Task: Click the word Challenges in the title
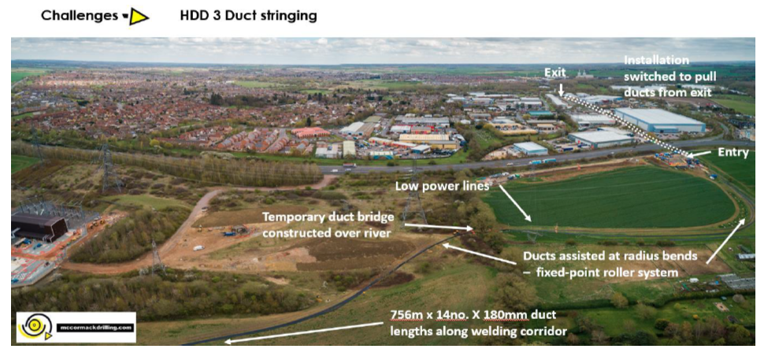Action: pyautogui.click(x=79, y=16)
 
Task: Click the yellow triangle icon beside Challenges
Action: pyautogui.click(x=139, y=16)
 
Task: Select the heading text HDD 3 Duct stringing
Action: pyautogui.click(x=248, y=16)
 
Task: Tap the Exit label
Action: pyautogui.click(x=555, y=72)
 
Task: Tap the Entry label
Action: pyautogui.click(x=733, y=152)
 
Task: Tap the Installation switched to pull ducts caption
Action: pyautogui.click(x=667, y=76)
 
